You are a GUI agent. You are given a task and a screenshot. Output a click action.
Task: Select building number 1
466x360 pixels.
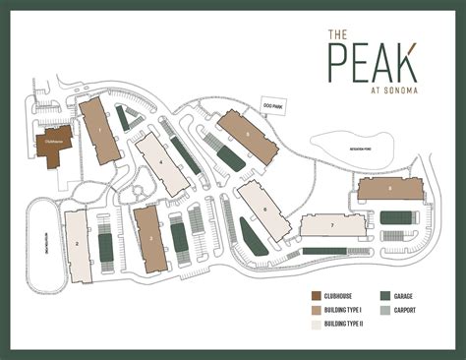(100, 130)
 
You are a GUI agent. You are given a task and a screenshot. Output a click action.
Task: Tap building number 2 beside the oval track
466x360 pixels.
(78, 245)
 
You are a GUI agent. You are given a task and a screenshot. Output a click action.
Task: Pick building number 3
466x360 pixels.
(148, 238)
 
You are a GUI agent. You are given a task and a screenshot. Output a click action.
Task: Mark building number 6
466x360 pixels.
(263, 210)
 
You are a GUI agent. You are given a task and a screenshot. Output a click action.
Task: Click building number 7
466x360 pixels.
(332, 225)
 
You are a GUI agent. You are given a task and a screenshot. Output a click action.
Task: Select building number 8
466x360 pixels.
(389, 190)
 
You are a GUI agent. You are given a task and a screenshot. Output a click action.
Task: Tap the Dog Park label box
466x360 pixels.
(272, 103)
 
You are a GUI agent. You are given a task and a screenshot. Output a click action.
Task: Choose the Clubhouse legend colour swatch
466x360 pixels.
(317, 296)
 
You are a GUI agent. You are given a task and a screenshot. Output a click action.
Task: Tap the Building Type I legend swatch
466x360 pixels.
(317, 311)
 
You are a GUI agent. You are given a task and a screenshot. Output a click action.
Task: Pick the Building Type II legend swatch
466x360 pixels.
(317, 325)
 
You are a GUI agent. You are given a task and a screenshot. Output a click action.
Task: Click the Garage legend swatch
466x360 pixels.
(385, 296)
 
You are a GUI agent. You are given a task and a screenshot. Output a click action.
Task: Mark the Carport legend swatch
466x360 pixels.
(385, 311)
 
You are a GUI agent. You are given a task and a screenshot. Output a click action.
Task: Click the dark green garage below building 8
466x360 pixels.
(397, 217)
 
